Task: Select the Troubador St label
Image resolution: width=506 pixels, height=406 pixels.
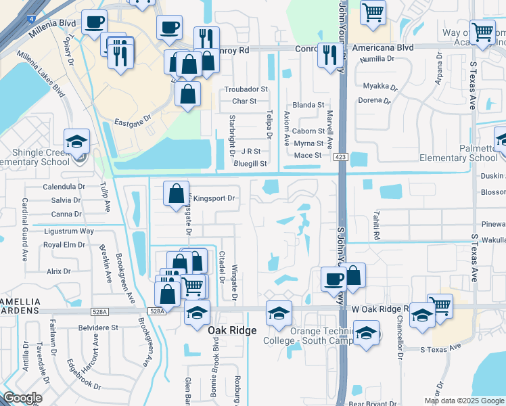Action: coord(246,89)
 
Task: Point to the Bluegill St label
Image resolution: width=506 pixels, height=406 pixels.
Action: coord(250,164)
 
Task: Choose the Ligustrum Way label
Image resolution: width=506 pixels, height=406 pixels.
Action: coord(68,231)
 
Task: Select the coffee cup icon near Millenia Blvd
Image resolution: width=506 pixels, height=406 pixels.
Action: coord(94,22)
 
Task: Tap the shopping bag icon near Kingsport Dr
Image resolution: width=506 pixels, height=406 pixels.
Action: coord(176,194)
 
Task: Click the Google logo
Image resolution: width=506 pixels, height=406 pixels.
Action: coord(22,398)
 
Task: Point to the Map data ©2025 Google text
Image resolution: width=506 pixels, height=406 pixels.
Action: coord(464,401)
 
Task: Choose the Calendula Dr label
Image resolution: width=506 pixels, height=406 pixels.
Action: coord(64,186)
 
